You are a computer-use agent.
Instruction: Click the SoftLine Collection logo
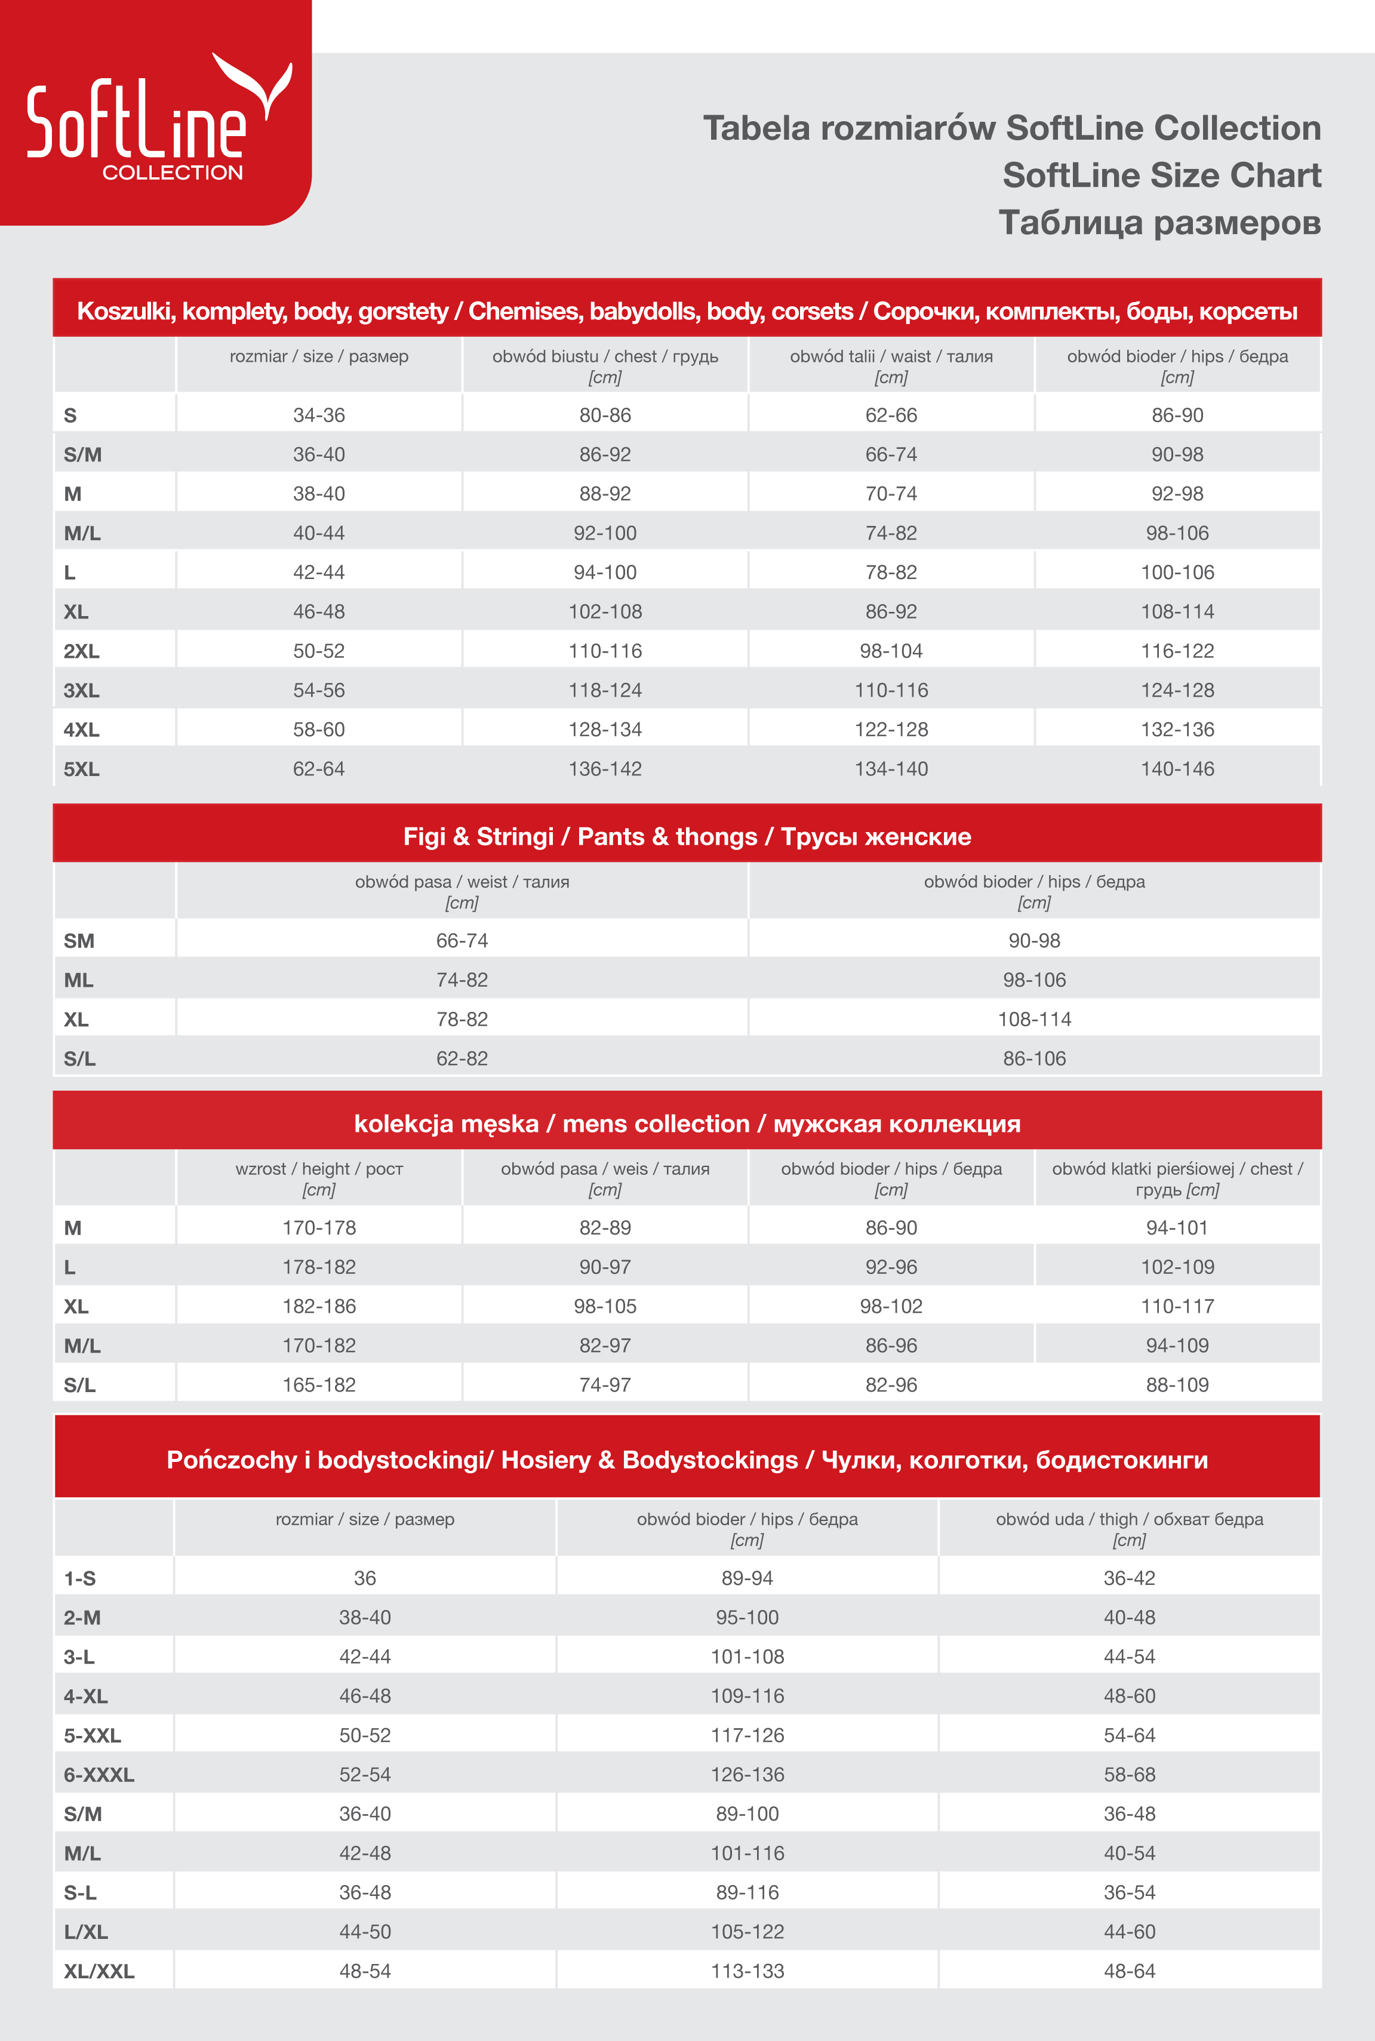[155, 114]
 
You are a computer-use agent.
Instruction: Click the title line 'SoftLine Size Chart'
[1161, 176]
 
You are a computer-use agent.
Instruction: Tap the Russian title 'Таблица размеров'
[1159, 223]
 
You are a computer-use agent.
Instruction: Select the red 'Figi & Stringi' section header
[687, 836]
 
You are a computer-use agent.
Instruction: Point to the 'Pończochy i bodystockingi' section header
[687, 1460]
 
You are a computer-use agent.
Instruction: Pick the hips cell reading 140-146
[1177, 769]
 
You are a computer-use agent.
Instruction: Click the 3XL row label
[82, 691]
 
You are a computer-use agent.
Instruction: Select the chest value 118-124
[605, 691]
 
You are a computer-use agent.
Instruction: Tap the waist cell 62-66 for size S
[891, 415]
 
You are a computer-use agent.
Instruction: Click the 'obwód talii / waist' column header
[891, 365]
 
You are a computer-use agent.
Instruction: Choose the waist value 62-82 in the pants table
[462, 1058]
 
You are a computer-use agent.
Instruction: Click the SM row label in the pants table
[79, 941]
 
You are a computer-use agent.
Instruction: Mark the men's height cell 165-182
[319, 1385]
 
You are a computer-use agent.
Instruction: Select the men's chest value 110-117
[1177, 1306]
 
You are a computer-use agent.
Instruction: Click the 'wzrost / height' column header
[319, 1178]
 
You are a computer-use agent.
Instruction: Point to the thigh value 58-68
[1130, 1775]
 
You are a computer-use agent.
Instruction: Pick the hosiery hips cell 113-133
[747, 1971]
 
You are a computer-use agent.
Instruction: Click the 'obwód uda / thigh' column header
[1130, 1528]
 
